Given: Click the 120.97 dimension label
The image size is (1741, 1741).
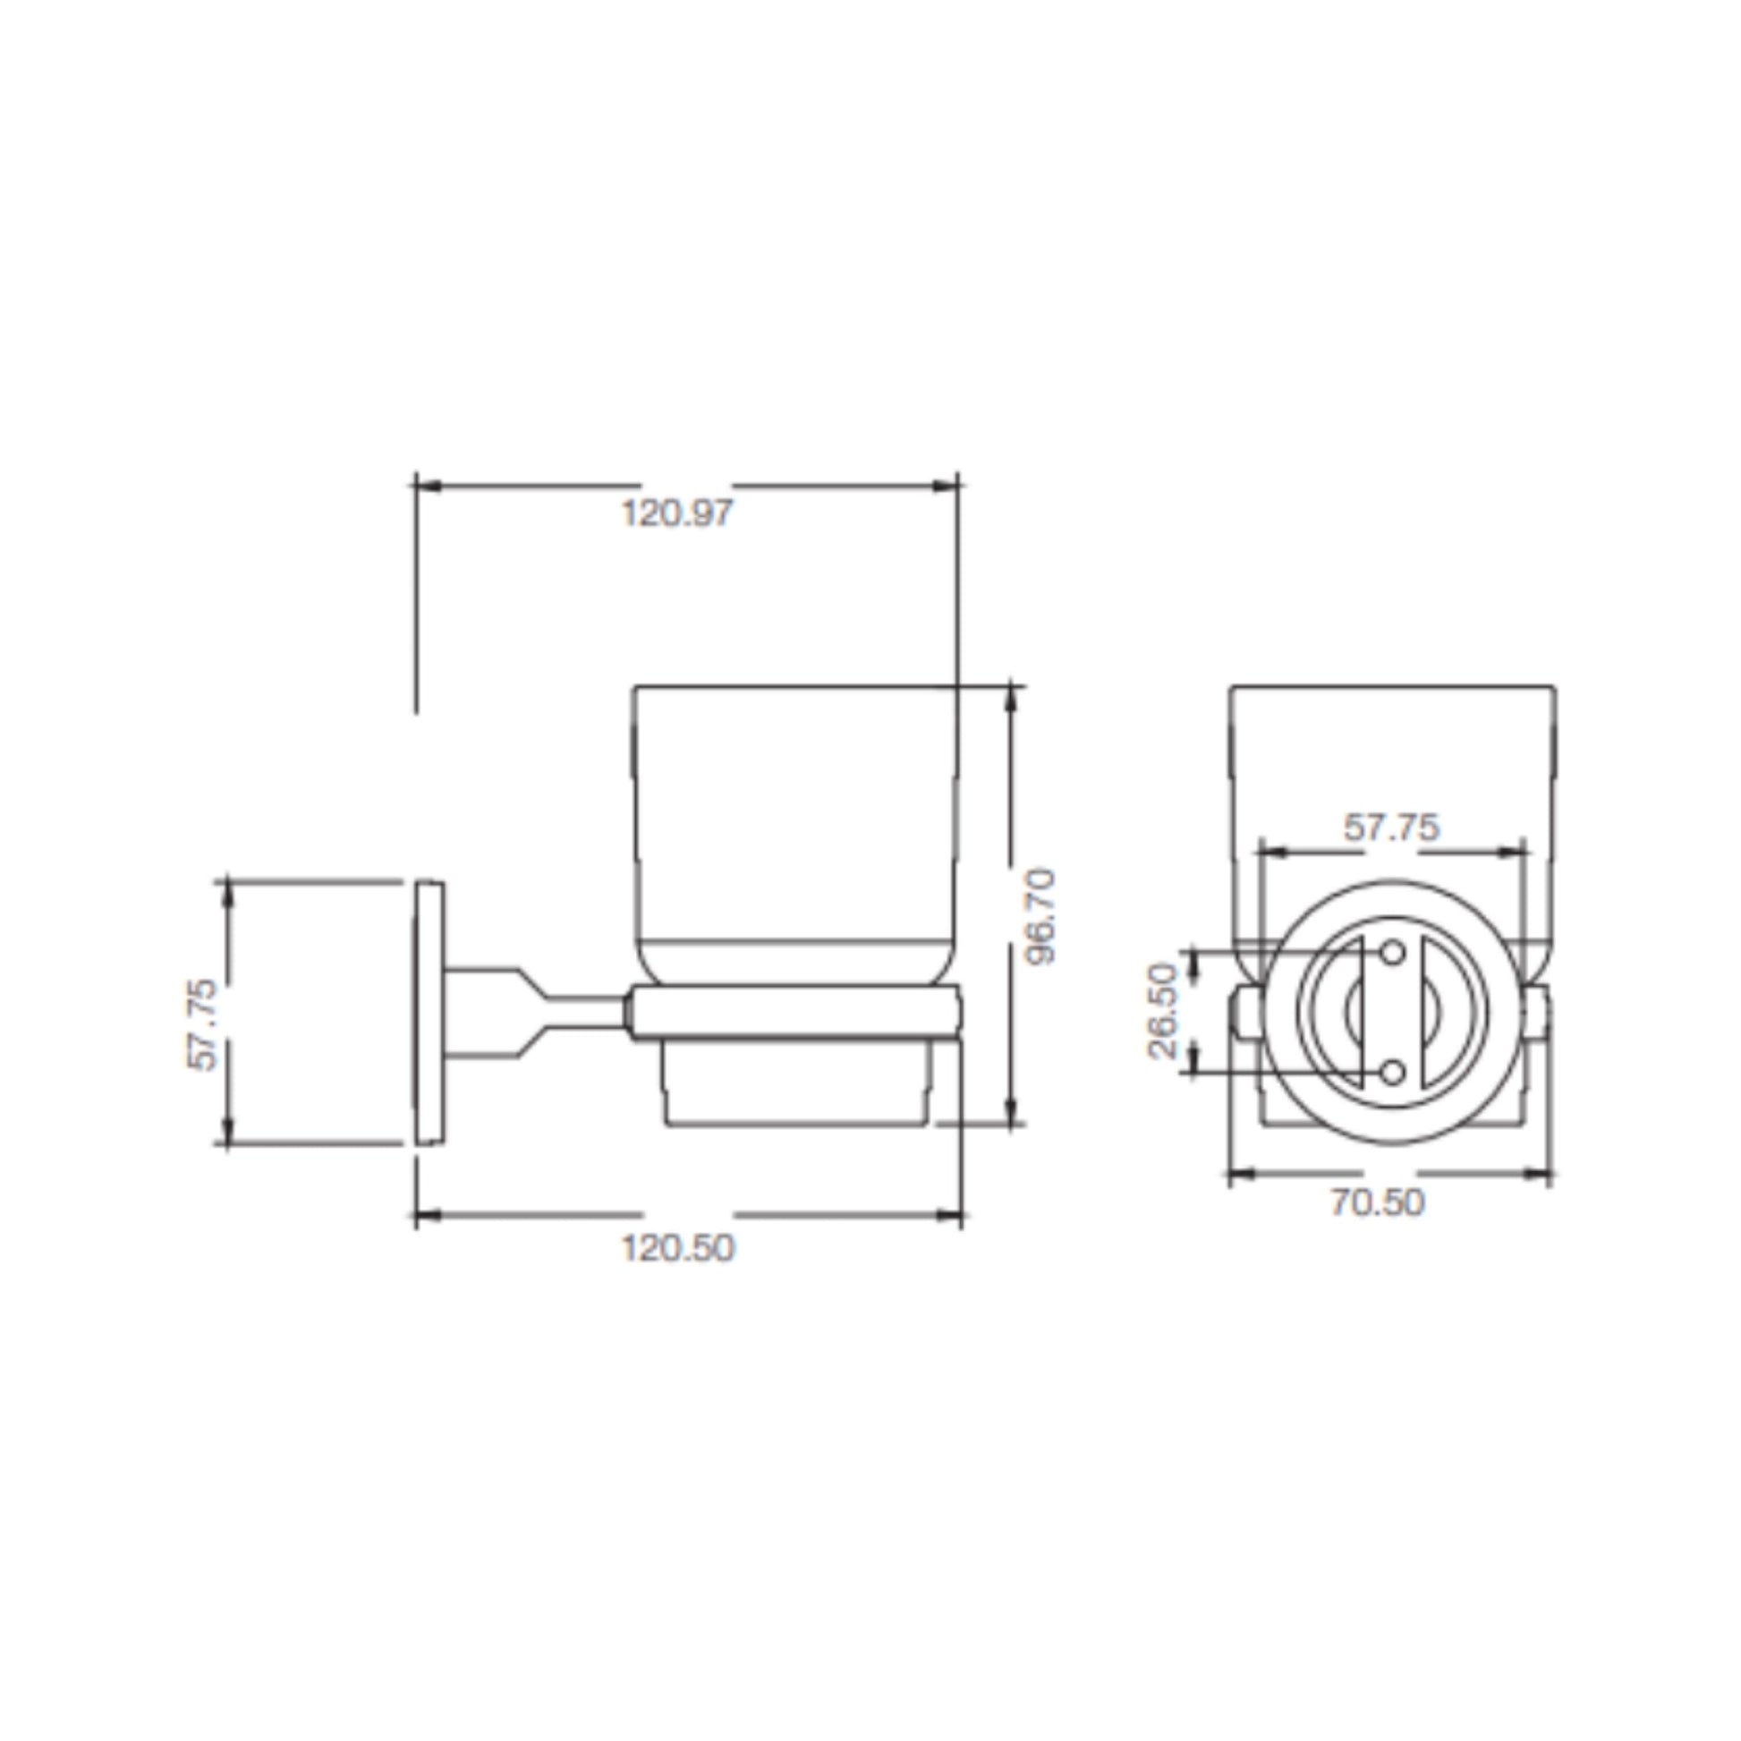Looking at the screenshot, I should [x=677, y=514].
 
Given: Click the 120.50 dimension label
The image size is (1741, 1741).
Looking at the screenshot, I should [x=677, y=1248].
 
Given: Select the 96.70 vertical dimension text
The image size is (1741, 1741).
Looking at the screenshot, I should [x=1041, y=916].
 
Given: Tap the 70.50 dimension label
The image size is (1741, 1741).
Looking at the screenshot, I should [x=1378, y=1203].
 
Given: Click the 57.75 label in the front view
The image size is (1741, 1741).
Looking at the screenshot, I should [x=1392, y=828].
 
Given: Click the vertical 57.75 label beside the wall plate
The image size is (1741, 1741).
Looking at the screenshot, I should [x=203, y=1024].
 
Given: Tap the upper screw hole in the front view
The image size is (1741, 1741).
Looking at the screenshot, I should [x=1393, y=952].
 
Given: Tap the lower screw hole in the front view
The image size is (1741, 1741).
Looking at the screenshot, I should [x=1393, y=1073].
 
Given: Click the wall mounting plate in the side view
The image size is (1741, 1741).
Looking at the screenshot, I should [x=429, y=1013].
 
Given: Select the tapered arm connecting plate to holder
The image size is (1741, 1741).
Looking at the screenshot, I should [x=531, y=1013].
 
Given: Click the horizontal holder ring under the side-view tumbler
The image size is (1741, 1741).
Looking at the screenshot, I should [x=793, y=1013].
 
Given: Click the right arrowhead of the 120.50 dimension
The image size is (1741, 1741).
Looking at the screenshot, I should [x=951, y=1216].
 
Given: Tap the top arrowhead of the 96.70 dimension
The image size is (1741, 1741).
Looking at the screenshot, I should [x=1011, y=699].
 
